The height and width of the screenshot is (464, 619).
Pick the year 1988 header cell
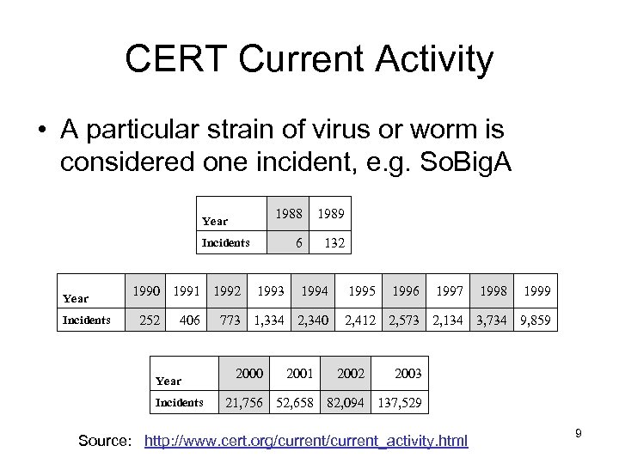285,211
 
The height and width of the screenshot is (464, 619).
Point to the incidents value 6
297,243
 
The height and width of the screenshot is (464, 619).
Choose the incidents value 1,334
269,321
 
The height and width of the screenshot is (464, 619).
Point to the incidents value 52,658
297,401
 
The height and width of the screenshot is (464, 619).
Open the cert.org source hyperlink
306,442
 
